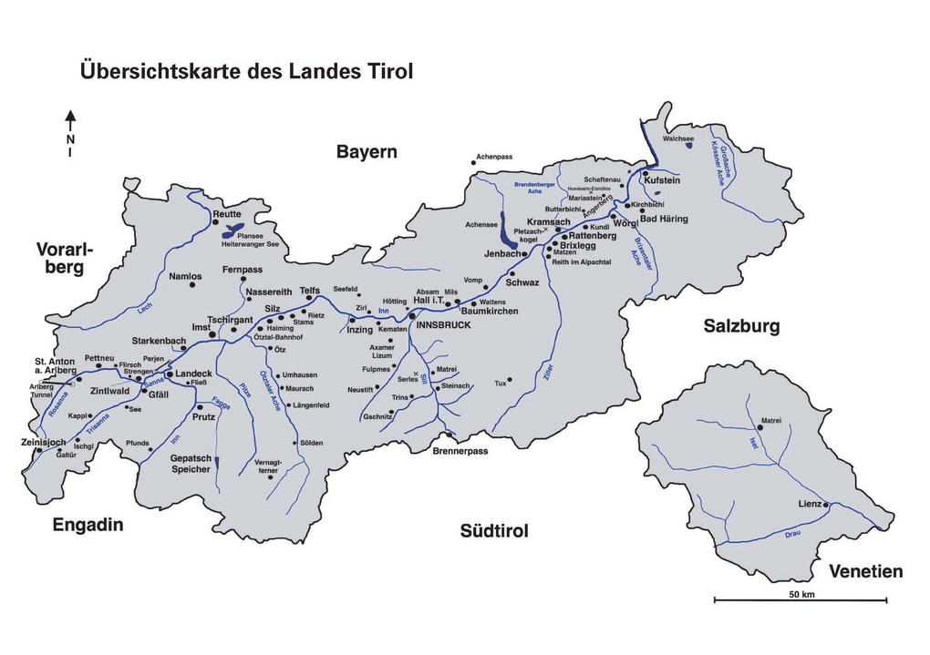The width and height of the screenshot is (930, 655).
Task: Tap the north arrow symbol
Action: (x=70, y=127)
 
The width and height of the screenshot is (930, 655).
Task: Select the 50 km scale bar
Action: (x=800, y=599)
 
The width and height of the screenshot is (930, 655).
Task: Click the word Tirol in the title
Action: (x=387, y=71)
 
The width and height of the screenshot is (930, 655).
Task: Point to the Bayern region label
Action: (x=367, y=152)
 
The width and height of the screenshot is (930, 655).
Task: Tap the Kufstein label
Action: (x=662, y=180)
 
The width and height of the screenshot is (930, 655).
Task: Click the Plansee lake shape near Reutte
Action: (x=234, y=231)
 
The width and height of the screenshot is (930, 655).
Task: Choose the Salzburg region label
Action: (x=741, y=326)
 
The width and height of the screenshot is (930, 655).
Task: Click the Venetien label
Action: (x=865, y=572)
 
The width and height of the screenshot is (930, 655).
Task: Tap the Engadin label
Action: (x=88, y=526)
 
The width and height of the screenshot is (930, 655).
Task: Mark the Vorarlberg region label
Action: (x=66, y=258)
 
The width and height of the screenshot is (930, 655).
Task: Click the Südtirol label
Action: (x=494, y=531)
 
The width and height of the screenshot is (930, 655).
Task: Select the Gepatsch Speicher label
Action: (x=191, y=464)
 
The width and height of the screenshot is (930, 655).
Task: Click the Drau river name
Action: (x=790, y=534)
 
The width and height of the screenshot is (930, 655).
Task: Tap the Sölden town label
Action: (x=311, y=443)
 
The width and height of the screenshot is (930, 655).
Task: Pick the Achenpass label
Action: (x=493, y=158)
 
